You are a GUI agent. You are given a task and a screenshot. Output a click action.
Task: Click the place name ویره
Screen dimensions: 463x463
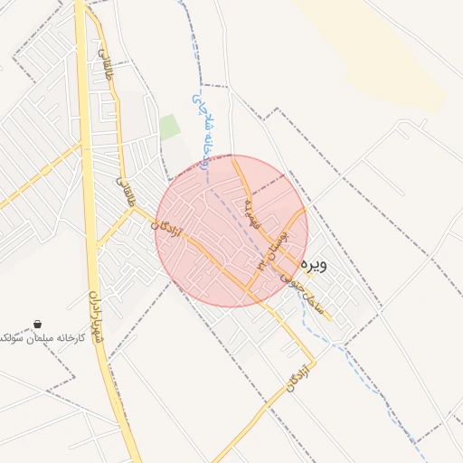[313, 264]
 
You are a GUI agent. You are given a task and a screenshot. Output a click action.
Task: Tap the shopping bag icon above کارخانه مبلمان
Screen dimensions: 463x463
[37, 324]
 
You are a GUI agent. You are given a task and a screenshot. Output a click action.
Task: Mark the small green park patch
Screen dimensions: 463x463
[170, 127]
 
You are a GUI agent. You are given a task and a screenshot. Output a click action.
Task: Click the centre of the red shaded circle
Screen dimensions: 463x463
[231, 231]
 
